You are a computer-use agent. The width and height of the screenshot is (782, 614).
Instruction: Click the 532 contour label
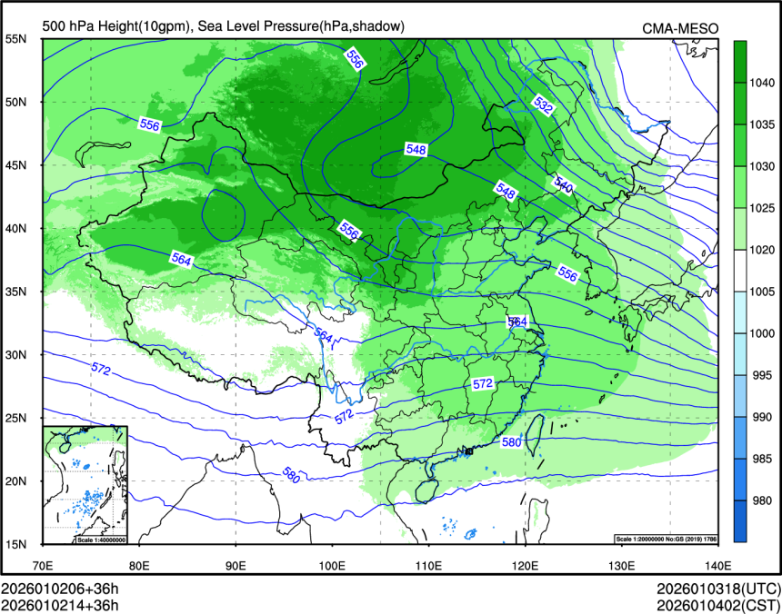click(543, 107)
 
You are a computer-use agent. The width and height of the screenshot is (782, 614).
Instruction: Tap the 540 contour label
click(563, 185)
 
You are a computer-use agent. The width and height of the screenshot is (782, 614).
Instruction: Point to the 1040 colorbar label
click(760, 82)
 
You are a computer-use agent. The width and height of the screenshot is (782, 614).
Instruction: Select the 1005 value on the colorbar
click(760, 292)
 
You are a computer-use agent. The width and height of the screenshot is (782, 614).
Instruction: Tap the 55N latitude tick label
click(16, 39)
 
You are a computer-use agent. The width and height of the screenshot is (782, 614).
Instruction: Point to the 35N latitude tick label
click(16, 292)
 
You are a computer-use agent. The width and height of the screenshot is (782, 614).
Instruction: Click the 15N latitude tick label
click(16, 544)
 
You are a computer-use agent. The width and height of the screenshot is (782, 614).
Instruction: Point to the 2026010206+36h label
click(60, 588)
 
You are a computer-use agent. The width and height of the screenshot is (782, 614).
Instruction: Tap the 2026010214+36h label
click(60, 603)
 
